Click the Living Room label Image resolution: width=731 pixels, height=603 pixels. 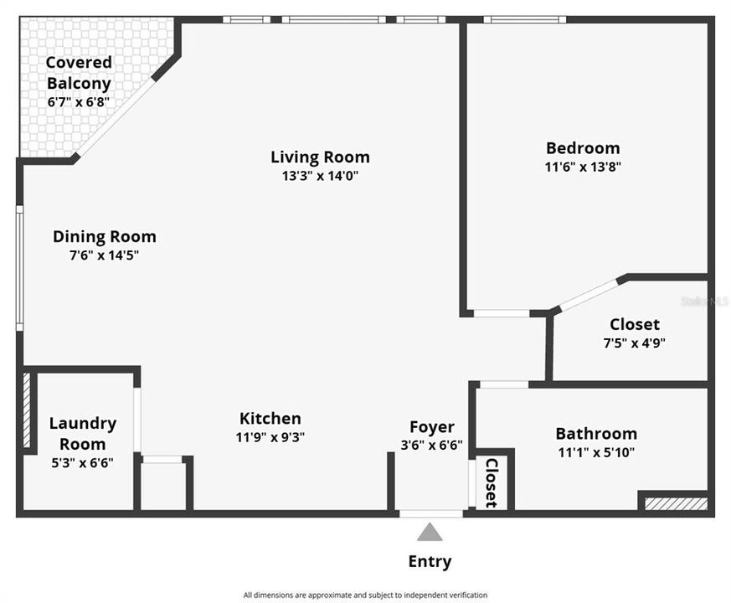tap(320, 157)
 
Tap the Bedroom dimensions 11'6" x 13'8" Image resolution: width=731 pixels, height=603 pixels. tap(583, 167)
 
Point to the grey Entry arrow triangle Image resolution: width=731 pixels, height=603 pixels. tap(430, 532)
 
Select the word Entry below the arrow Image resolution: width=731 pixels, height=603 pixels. tap(430, 561)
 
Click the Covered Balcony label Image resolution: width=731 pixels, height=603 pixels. tap(79, 73)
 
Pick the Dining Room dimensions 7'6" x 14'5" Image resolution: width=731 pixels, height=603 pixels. tap(105, 255)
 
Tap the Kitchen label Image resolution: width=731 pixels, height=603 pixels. tap(270, 418)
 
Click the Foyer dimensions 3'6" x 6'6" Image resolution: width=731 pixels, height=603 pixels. tap(432, 445)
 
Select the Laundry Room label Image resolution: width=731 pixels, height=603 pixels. tap(83, 434)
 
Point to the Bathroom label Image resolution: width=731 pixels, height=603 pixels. tap(596, 434)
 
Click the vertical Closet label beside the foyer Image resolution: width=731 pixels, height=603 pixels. tap(492, 483)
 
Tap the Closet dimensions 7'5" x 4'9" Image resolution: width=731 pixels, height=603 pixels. tap(635, 343)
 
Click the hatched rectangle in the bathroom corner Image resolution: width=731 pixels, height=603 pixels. tap(676, 504)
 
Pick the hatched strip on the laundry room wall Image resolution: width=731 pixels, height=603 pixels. tap(27, 410)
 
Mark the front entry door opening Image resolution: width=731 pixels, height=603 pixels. tap(431, 514)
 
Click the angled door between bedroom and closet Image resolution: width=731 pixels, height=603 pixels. tap(589, 294)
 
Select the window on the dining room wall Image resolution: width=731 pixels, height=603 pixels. tap(19, 268)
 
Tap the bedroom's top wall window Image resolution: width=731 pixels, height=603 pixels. tap(525, 19)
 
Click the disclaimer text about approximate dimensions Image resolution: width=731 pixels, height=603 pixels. tap(365, 595)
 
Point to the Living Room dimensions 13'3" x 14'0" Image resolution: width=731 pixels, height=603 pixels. tap(320, 176)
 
